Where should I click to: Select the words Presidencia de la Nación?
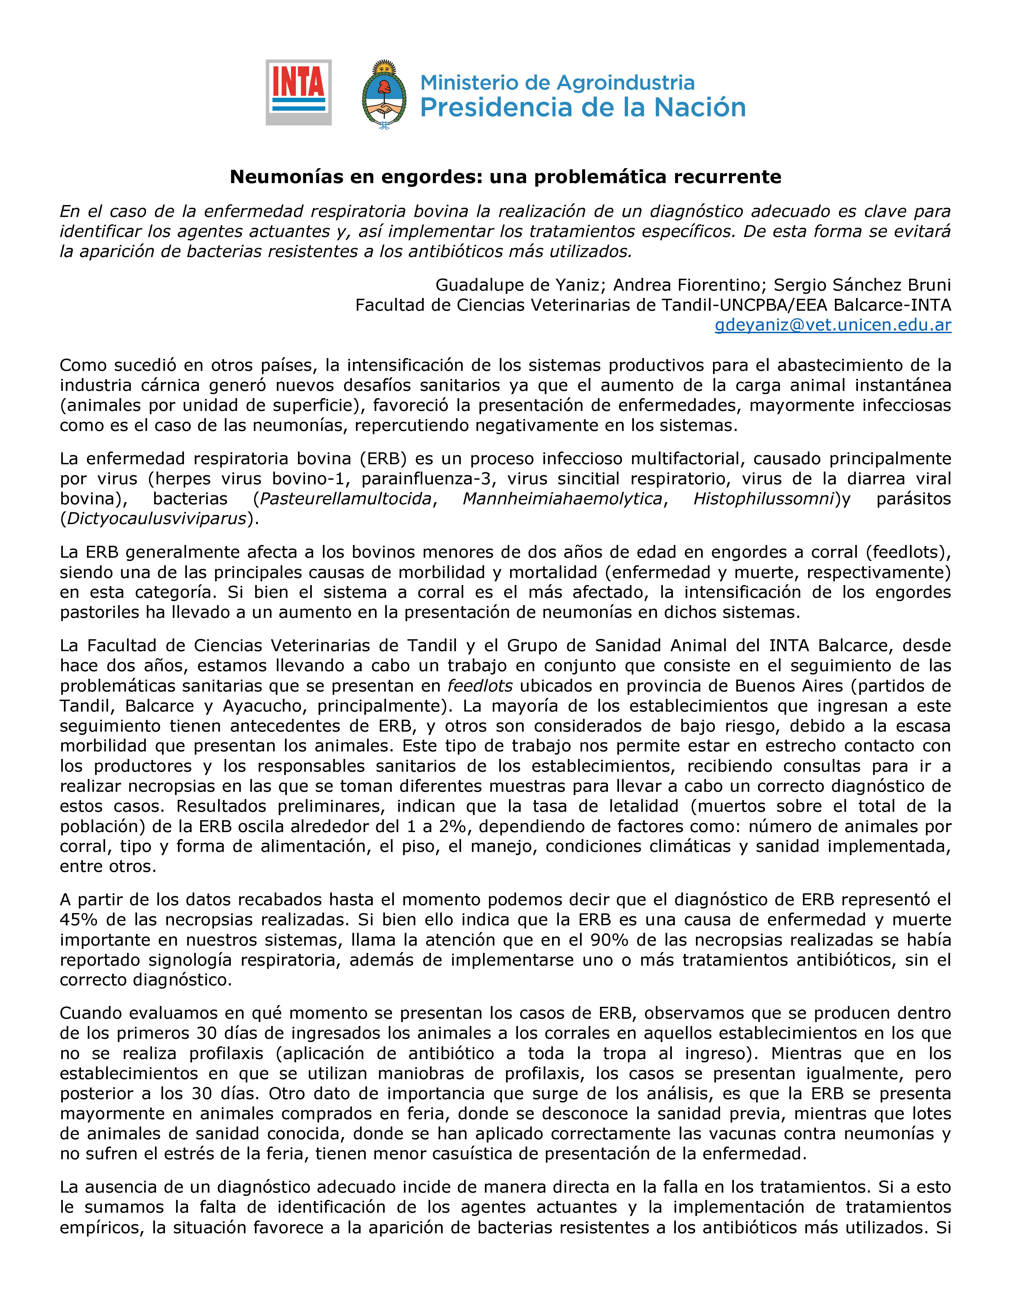point(583,108)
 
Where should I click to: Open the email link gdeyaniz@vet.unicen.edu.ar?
point(832,325)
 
